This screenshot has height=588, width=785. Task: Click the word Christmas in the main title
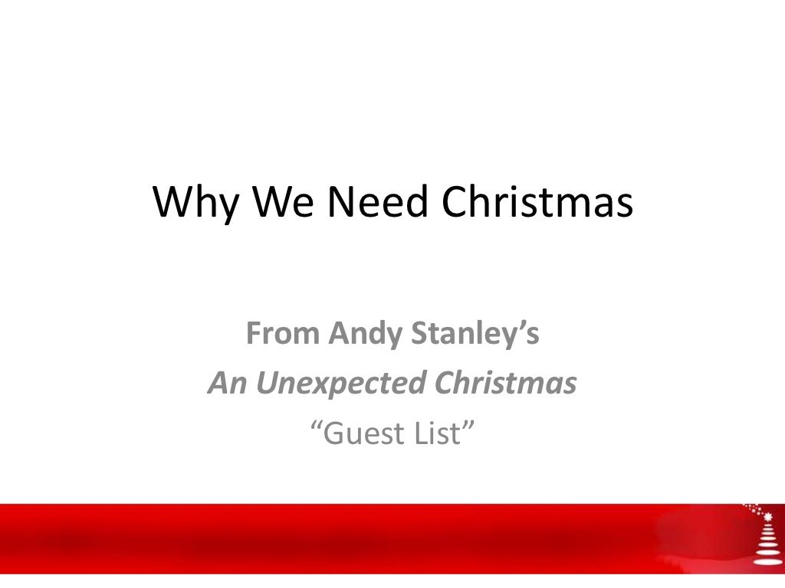point(537,202)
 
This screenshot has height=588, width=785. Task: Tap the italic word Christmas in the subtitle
point(505,384)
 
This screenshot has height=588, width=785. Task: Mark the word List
point(444,433)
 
